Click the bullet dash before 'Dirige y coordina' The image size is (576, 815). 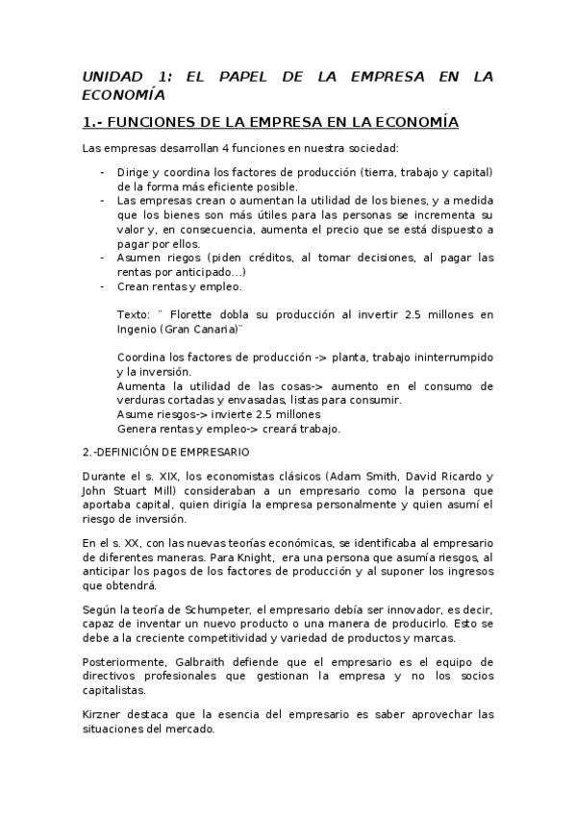coord(103,172)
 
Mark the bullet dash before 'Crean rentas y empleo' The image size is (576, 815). coord(103,286)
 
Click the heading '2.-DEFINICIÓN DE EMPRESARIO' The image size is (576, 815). coord(165,451)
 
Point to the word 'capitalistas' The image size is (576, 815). coord(114,690)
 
